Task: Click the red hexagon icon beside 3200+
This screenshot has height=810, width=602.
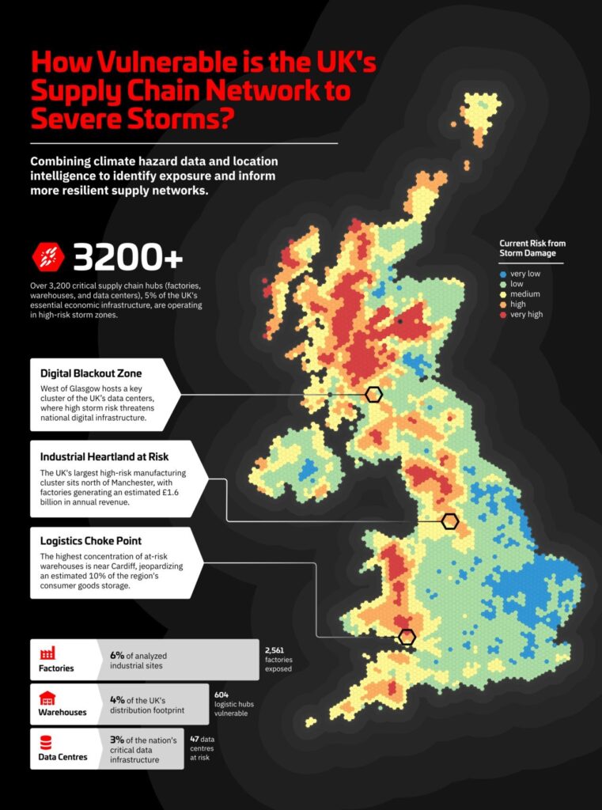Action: (x=47, y=257)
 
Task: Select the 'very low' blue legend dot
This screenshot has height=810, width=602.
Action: (x=503, y=273)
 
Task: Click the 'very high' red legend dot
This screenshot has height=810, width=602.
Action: (x=503, y=314)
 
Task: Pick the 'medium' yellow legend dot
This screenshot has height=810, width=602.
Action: (x=503, y=293)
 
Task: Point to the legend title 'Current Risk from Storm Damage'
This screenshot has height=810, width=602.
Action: (x=532, y=248)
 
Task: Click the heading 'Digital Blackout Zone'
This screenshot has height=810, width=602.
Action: (x=91, y=373)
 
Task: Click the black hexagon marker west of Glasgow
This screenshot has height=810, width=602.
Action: (x=373, y=394)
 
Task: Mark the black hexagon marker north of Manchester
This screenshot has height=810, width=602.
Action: (x=450, y=520)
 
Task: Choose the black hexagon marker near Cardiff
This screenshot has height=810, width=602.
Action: (x=407, y=637)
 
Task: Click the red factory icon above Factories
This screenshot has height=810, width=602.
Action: (x=47, y=653)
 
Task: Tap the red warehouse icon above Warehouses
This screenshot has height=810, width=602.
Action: (x=47, y=698)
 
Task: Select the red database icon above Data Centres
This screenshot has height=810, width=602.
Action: (x=47, y=743)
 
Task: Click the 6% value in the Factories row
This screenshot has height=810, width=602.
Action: (x=118, y=655)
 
